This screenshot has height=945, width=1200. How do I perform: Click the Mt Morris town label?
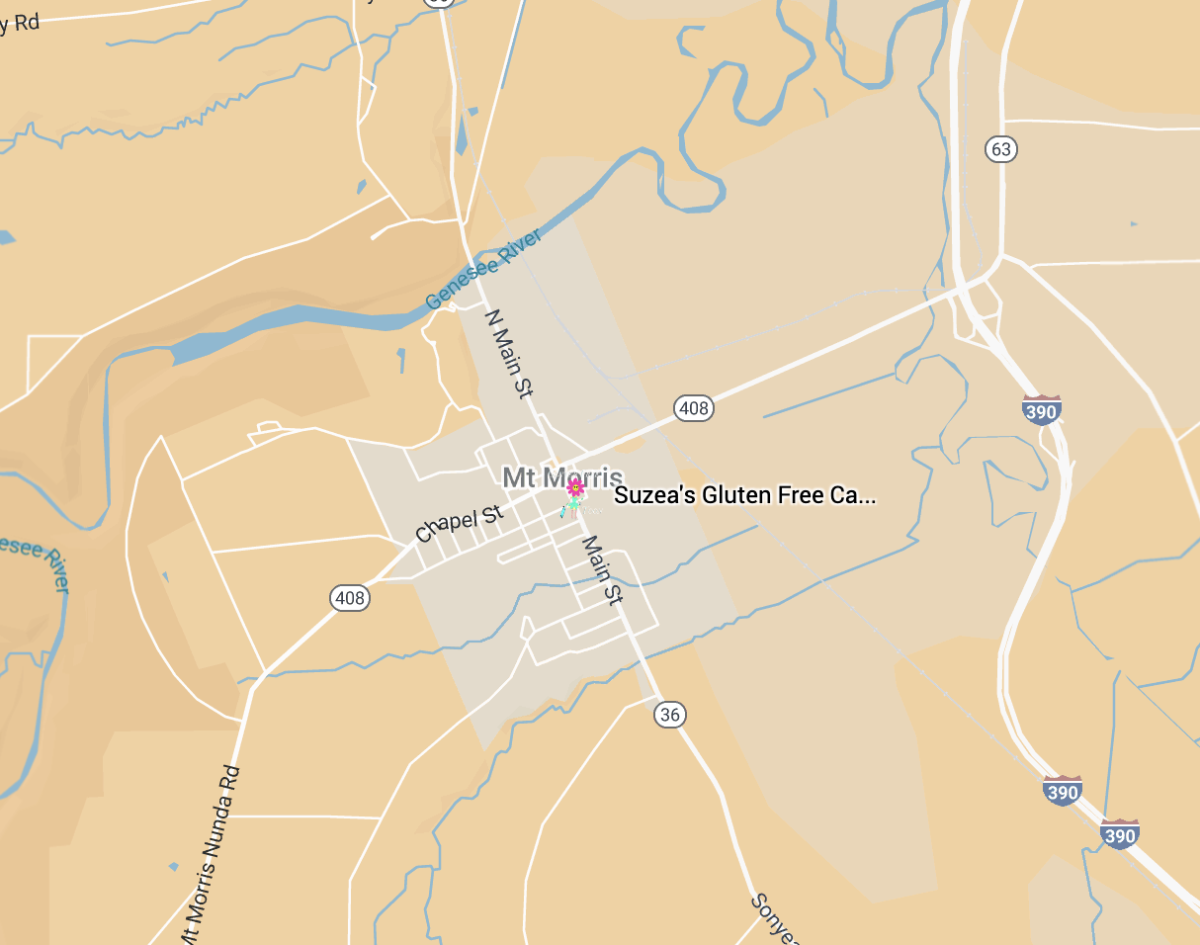(x=562, y=478)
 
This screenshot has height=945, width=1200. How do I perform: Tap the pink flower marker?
(x=575, y=487)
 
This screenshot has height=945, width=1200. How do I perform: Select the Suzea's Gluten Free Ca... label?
(x=744, y=495)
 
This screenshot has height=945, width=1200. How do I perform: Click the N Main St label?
(x=509, y=353)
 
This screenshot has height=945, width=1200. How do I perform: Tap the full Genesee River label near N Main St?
(x=484, y=269)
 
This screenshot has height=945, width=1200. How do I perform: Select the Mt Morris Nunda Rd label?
(x=211, y=856)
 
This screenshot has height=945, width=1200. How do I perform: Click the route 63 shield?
(x=1001, y=149)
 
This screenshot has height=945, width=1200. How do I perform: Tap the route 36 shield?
(x=670, y=715)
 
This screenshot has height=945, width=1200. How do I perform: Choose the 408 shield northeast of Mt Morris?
(x=694, y=407)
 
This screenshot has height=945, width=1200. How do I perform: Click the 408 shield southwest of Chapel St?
(x=349, y=598)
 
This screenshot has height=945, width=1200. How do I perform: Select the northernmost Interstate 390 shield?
(x=1042, y=409)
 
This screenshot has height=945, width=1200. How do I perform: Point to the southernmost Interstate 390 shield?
(x=1119, y=834)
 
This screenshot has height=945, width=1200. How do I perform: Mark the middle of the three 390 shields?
(x=1062, y=791)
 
